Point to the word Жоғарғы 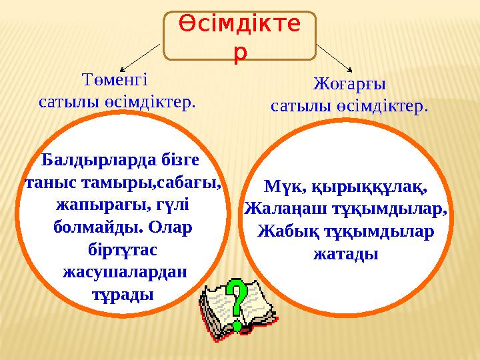pyautogui.click(x=349, y=85)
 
